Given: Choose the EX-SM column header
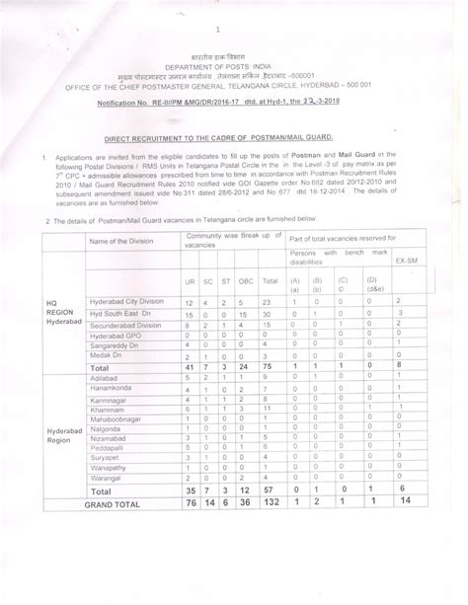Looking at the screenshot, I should pyautogui.click(x=403, y=264).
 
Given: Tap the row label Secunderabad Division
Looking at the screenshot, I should pyautogui.click(x=125, y=325).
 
